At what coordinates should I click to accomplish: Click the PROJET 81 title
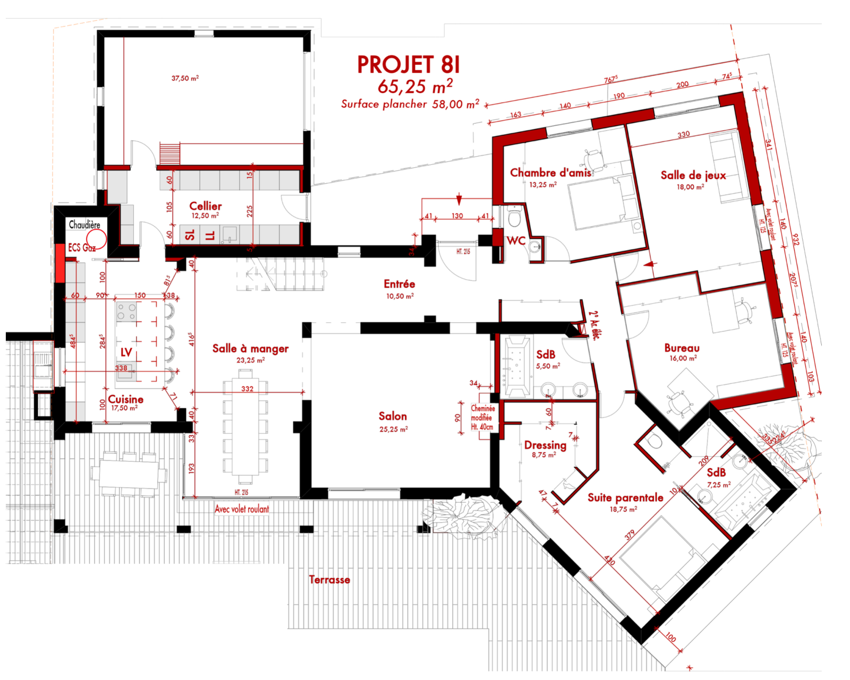coord(408,65)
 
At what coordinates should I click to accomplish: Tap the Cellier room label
coord(205,206)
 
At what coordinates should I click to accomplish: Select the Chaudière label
coord(84,225)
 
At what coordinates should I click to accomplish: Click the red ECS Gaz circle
coord(97,239)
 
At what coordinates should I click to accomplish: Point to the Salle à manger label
coord(250,349)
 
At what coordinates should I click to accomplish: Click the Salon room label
coord(393,416)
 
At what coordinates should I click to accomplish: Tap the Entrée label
coord(399,284)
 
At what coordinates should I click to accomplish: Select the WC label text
coord(516,240)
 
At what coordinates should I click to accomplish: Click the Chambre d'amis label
coord(550,173)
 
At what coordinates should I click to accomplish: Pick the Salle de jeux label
coord(693,175)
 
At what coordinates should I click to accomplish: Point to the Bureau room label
coord(682,348)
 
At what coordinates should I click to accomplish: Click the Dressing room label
coord(545,445)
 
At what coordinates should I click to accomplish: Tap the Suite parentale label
coord(625,497)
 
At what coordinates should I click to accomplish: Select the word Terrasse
coord(329,580)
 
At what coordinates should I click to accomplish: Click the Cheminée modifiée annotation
coord(482,417)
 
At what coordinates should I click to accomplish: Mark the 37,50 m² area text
coord(185,78)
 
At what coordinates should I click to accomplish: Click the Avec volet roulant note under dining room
coord(242,509)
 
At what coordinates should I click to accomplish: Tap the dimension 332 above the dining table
coord(248,389)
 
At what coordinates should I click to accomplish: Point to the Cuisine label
coord(125,399)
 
